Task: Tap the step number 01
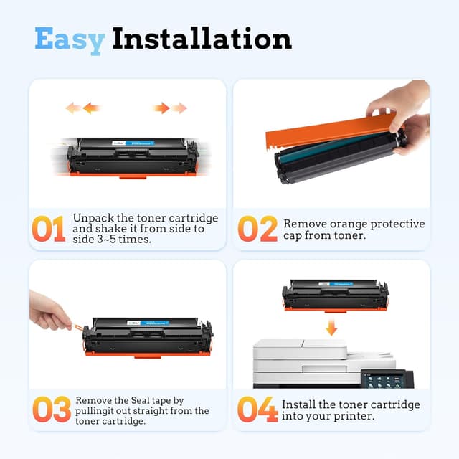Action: [48, 228]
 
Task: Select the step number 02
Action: [257, 228]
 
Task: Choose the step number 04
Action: [257, 410]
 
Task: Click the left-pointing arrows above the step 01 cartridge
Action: [82, 108]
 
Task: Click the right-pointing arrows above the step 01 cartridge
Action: [169, 108]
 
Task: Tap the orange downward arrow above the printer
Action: [331, 328]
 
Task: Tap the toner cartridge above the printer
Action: [335, 295]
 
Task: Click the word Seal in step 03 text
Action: [154, 400]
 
